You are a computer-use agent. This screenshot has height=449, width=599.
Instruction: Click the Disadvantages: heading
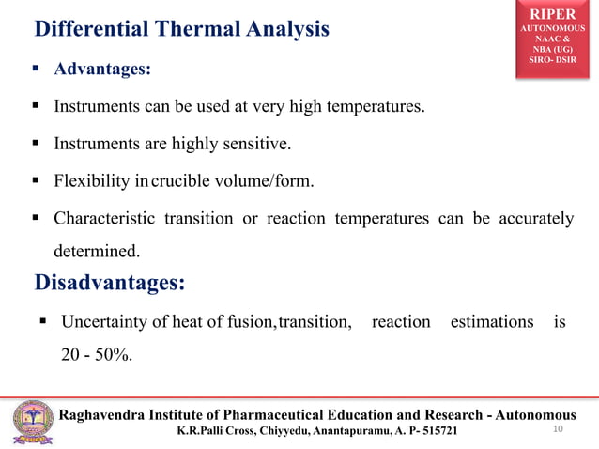click(x=109, y=283)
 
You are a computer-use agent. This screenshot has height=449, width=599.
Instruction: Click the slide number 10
click(x=559, y=429)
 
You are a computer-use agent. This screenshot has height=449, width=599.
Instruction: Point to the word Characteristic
click(x=103, y=219)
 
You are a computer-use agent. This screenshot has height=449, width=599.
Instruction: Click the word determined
click(x=96, y=252)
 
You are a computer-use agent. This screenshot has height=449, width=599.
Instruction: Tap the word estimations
click(x=492, y=322)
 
